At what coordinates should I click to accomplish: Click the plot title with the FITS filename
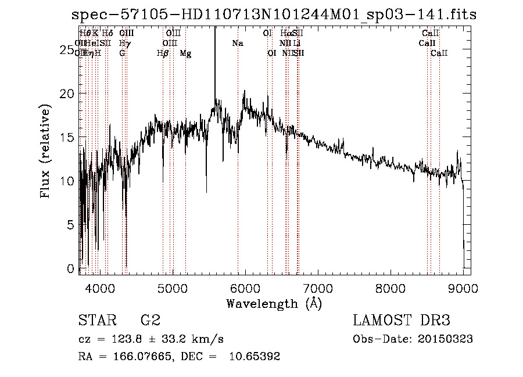(x=274, y=15)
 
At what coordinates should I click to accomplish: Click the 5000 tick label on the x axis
(x=172, y=288)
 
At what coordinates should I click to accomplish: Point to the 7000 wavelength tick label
(x=318, y=288)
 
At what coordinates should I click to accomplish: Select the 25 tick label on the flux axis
(x=67, y=50)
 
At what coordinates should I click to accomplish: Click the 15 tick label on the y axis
(x=67, y=137)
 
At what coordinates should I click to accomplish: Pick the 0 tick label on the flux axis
(x=71, y=268)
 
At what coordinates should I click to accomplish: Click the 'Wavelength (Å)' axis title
(x=274, y=303)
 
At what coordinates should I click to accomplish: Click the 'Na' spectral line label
(x=238, y=44)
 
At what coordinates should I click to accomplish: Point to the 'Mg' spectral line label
(x=185, y=53)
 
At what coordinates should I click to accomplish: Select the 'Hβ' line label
(x=163, y=53)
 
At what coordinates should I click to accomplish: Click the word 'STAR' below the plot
(x=96, y=320)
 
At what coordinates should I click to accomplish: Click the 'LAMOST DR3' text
(x=402, y=320)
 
